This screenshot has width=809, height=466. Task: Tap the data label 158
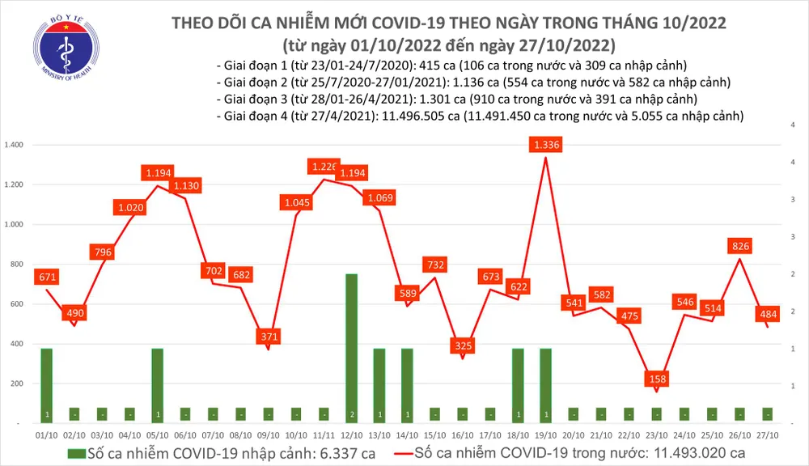coord(656,378)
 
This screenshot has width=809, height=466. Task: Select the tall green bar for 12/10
coord(351,348)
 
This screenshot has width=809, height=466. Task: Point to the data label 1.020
coord(130,207)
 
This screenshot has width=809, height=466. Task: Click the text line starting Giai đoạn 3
coord(457,100)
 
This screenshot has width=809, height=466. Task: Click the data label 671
coord(46,278)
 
